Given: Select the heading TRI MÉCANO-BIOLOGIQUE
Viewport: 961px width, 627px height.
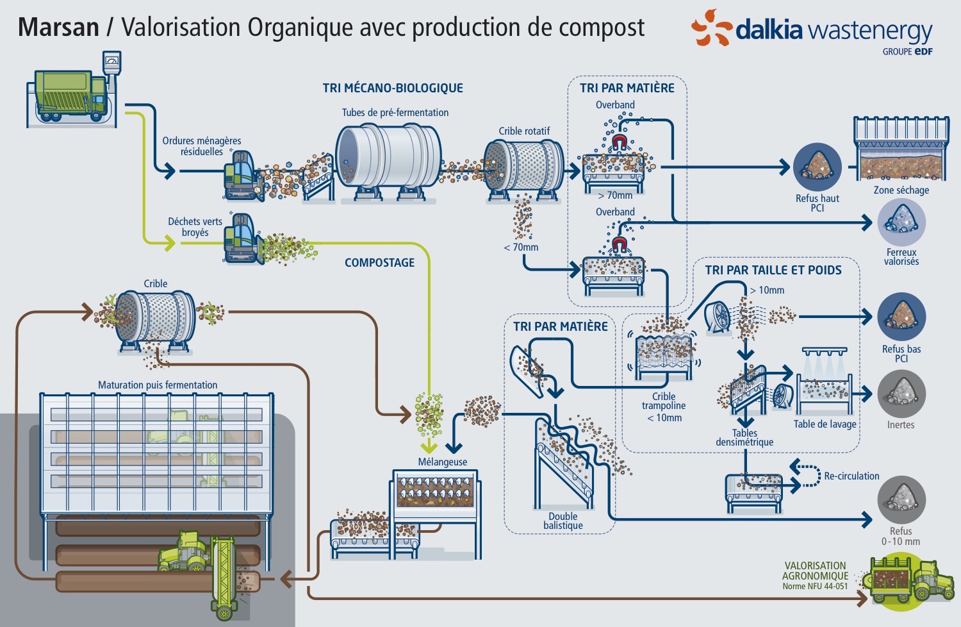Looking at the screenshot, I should pos(393,88).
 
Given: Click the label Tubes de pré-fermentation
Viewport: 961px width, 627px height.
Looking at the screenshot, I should pos(395,113).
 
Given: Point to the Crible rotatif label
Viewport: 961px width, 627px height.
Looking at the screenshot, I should pos(524,131).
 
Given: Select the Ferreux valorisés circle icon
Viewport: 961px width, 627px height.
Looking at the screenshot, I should pos(901,222).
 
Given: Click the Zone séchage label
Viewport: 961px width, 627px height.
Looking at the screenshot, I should pos(901,190).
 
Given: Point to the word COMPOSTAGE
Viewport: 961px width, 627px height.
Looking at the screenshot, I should pos(379,263).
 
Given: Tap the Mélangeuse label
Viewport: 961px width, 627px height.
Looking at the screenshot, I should pos(442,462).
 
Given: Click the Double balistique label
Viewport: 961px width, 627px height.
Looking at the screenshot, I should pos(563,521).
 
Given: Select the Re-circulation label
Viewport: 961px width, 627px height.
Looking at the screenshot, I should pos(851,476).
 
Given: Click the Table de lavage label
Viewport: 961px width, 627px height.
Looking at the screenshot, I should pos(825,424).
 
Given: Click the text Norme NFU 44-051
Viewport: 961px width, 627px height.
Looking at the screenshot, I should pos(814,587).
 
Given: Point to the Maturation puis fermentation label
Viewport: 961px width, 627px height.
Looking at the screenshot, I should pos(157,385).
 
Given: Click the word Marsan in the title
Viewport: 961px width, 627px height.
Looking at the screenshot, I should pos(58,28).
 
